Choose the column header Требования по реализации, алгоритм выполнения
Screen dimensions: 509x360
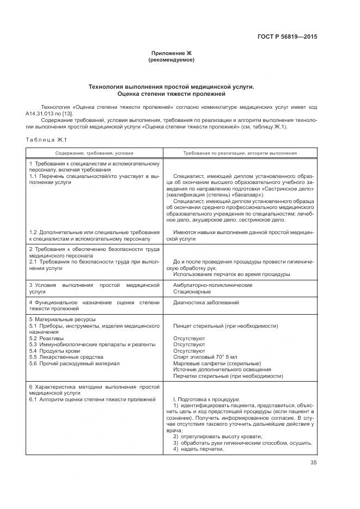pos(240,154)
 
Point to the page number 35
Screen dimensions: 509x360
pos(313,463)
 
